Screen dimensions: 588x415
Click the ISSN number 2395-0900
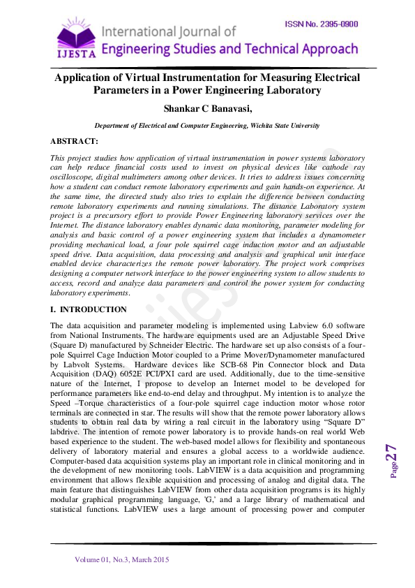tap(322, 24)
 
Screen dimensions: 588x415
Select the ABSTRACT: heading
tap(75, 141)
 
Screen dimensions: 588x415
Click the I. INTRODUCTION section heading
tap(89, 309)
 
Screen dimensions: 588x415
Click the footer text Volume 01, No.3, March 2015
tap(122, 559)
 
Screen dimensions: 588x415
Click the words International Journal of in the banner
tap(169, 31)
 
